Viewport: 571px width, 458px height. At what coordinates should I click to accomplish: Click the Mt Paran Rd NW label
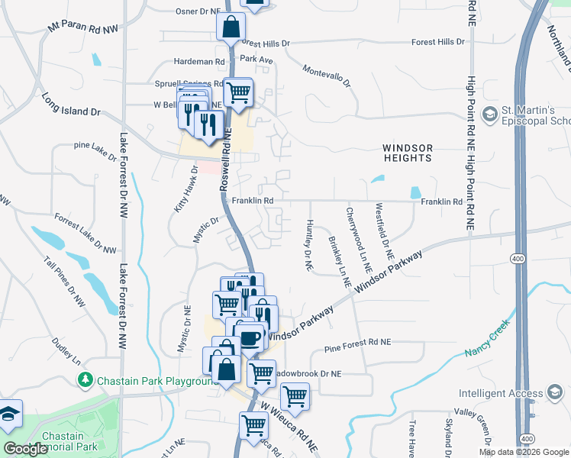coord(83,28)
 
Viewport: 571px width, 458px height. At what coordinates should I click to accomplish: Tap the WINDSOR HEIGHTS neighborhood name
coord(408,153)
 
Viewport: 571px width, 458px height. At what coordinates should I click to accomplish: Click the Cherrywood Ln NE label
coord(359,240)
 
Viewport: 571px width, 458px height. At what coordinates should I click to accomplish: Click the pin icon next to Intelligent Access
coord(554,394)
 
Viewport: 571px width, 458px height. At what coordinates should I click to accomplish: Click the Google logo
coord(25,449)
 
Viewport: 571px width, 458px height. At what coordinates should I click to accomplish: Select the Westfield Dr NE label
coord(383,229)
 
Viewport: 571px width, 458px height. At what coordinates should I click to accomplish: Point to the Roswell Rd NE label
coord(225,160)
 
